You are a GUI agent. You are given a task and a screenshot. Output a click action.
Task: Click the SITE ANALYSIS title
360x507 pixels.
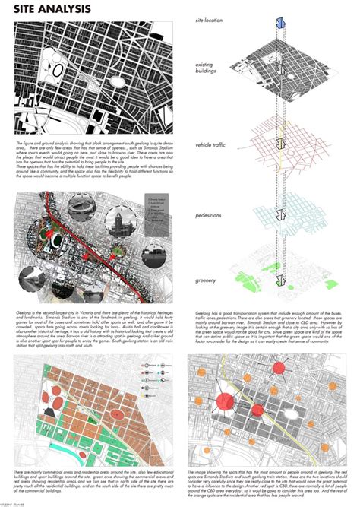pos(54,10)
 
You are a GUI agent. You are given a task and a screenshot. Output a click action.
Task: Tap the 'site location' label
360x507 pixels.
pos(210,19)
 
